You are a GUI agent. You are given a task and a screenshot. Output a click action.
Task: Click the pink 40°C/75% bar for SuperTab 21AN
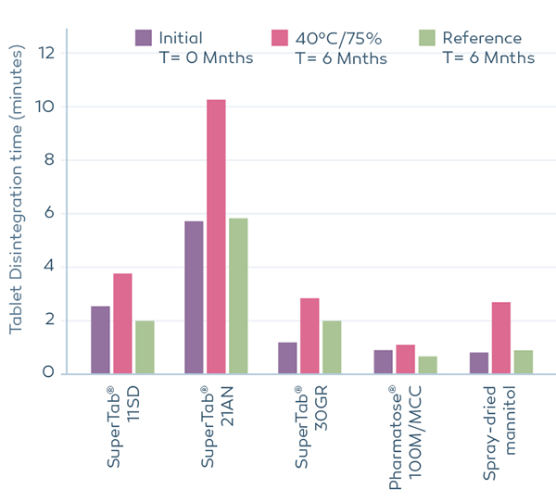click(x=216, y=236)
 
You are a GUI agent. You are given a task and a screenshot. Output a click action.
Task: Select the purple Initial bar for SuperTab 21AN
click(x=194, y=297)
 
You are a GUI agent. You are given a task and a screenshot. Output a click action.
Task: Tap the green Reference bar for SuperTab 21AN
click(x=238, y=296)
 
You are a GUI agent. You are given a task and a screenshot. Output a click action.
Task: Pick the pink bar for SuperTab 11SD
click(x=122, y=323)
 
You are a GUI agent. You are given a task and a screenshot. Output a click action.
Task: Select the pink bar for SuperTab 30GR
click(x=310, y=336)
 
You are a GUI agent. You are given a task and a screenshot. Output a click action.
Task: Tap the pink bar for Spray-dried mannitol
click(x=500, y=338)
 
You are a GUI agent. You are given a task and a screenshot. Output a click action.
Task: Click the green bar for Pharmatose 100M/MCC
click(x=427, y=365)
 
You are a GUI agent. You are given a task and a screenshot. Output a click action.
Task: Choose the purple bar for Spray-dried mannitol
click(x=478, y=363)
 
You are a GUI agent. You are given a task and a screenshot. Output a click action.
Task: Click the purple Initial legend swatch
click(x=144, y=38)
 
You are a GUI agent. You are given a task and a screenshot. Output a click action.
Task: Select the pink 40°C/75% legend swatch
click(x=280, y=38)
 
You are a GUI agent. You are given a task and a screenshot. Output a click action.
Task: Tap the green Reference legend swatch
click(x=427, y=38)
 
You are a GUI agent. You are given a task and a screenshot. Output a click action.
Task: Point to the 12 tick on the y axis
click(x=44, y=54)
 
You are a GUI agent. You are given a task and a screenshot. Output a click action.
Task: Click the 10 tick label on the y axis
click(x=44, y=107)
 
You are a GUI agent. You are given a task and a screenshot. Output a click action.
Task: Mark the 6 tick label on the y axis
click(x=48, y=214)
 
